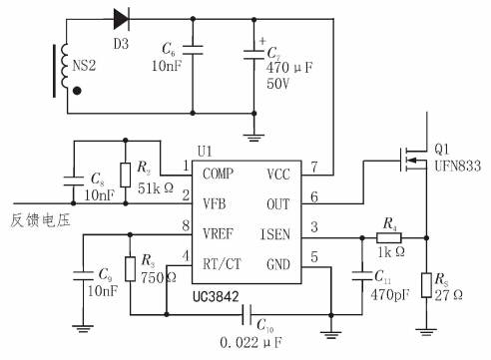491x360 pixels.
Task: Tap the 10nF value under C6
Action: click(166, 67)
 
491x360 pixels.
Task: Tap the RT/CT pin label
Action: click(222, 265)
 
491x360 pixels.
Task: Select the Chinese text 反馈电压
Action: click(36, 218)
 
